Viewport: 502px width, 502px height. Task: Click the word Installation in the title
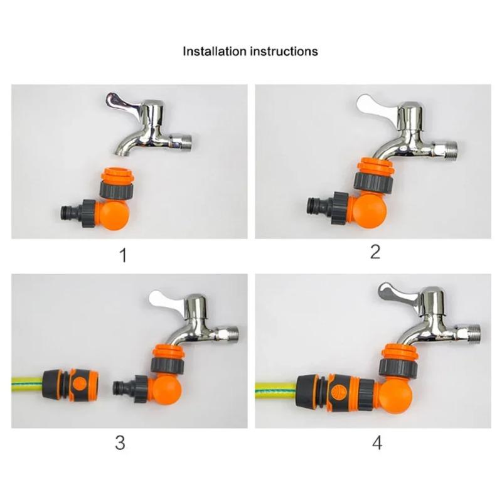[213, 51]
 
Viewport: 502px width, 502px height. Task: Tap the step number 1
[123, 255]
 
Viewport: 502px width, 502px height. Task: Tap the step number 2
[375, 252]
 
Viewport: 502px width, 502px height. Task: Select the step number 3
[120, 442]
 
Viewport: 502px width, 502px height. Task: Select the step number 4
[376, 443]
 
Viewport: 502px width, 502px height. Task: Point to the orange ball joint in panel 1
[114, 214]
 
